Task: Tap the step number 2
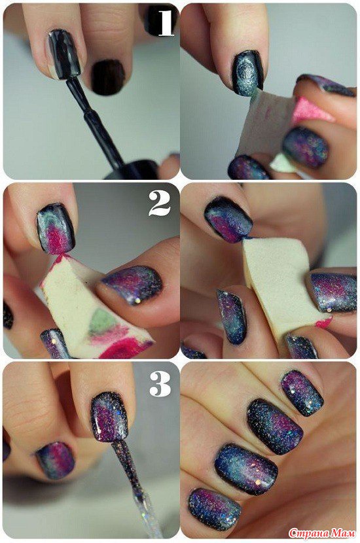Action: [160, 203]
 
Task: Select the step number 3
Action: [160, 384]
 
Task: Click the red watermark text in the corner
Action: [322, 533]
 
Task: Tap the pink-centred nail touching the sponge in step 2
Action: [56, 228]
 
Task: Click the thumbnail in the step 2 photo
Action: [133, 283]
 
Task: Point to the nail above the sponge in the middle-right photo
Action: [228, 219]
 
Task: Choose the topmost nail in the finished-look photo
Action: [302, 393]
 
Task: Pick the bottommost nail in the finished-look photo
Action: [214, 509]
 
